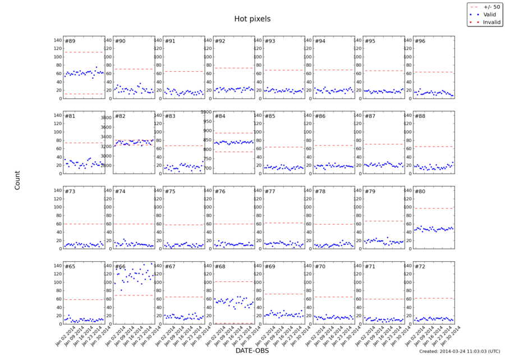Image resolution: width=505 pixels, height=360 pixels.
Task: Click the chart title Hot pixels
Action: tap(252, 19)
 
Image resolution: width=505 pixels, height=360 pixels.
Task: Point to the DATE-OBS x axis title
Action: tap(252, 350)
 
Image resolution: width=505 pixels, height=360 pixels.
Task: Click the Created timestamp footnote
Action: tap(460, 351)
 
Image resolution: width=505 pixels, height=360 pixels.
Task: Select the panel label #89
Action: tap(70, 42)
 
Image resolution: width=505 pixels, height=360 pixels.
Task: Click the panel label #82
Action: tap(120, 116)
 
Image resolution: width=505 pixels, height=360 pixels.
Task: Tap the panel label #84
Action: tap(220, 116)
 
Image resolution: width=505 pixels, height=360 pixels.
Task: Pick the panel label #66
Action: tap(120, 267)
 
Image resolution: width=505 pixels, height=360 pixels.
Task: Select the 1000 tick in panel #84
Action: tap(205, 112)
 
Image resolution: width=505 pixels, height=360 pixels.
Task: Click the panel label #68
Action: tap(220, 267)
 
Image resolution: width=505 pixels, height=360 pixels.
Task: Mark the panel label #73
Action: tap(70, 192)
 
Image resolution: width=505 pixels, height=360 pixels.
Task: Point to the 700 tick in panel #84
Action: tap(206, 168)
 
